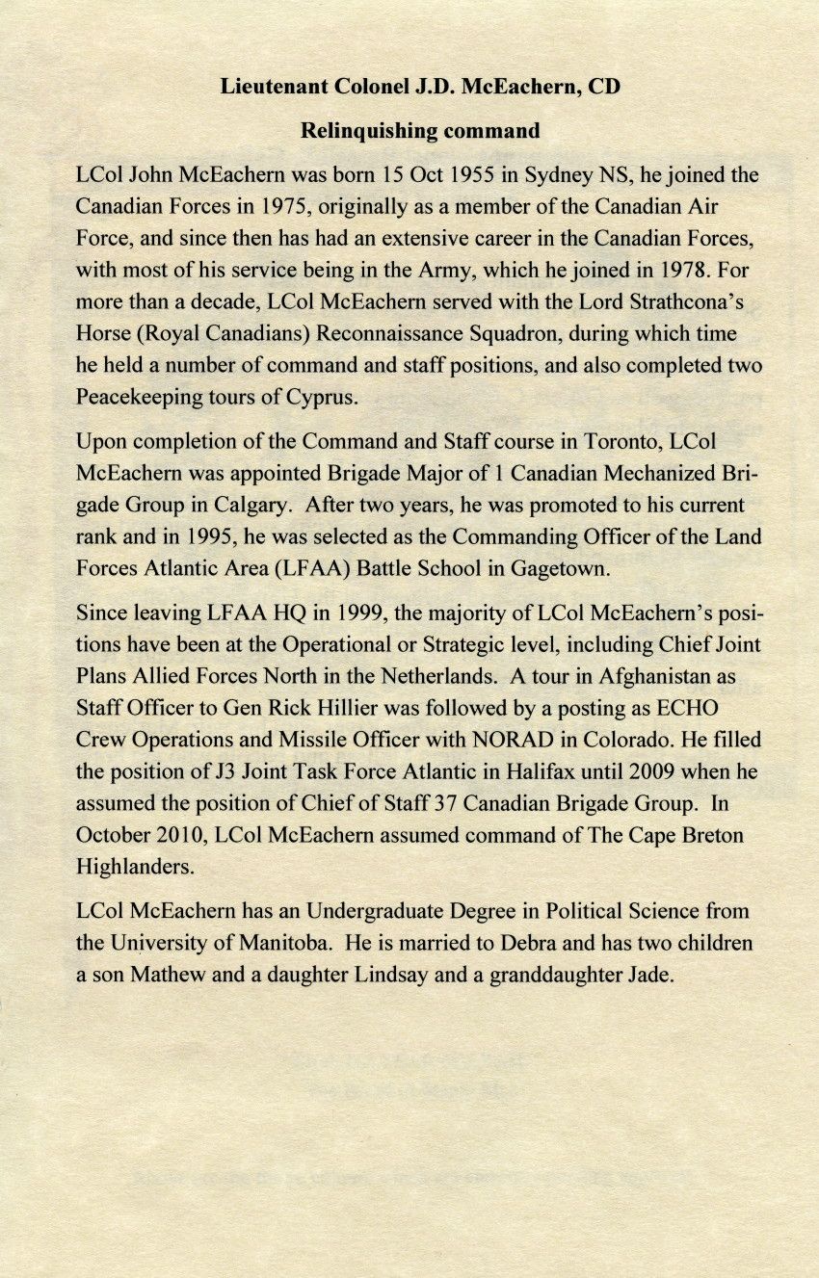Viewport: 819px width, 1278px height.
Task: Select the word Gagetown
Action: click(562, 567)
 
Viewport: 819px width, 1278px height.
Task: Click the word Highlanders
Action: click(135, 866)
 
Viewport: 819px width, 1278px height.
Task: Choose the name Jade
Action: click(647, 974)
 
